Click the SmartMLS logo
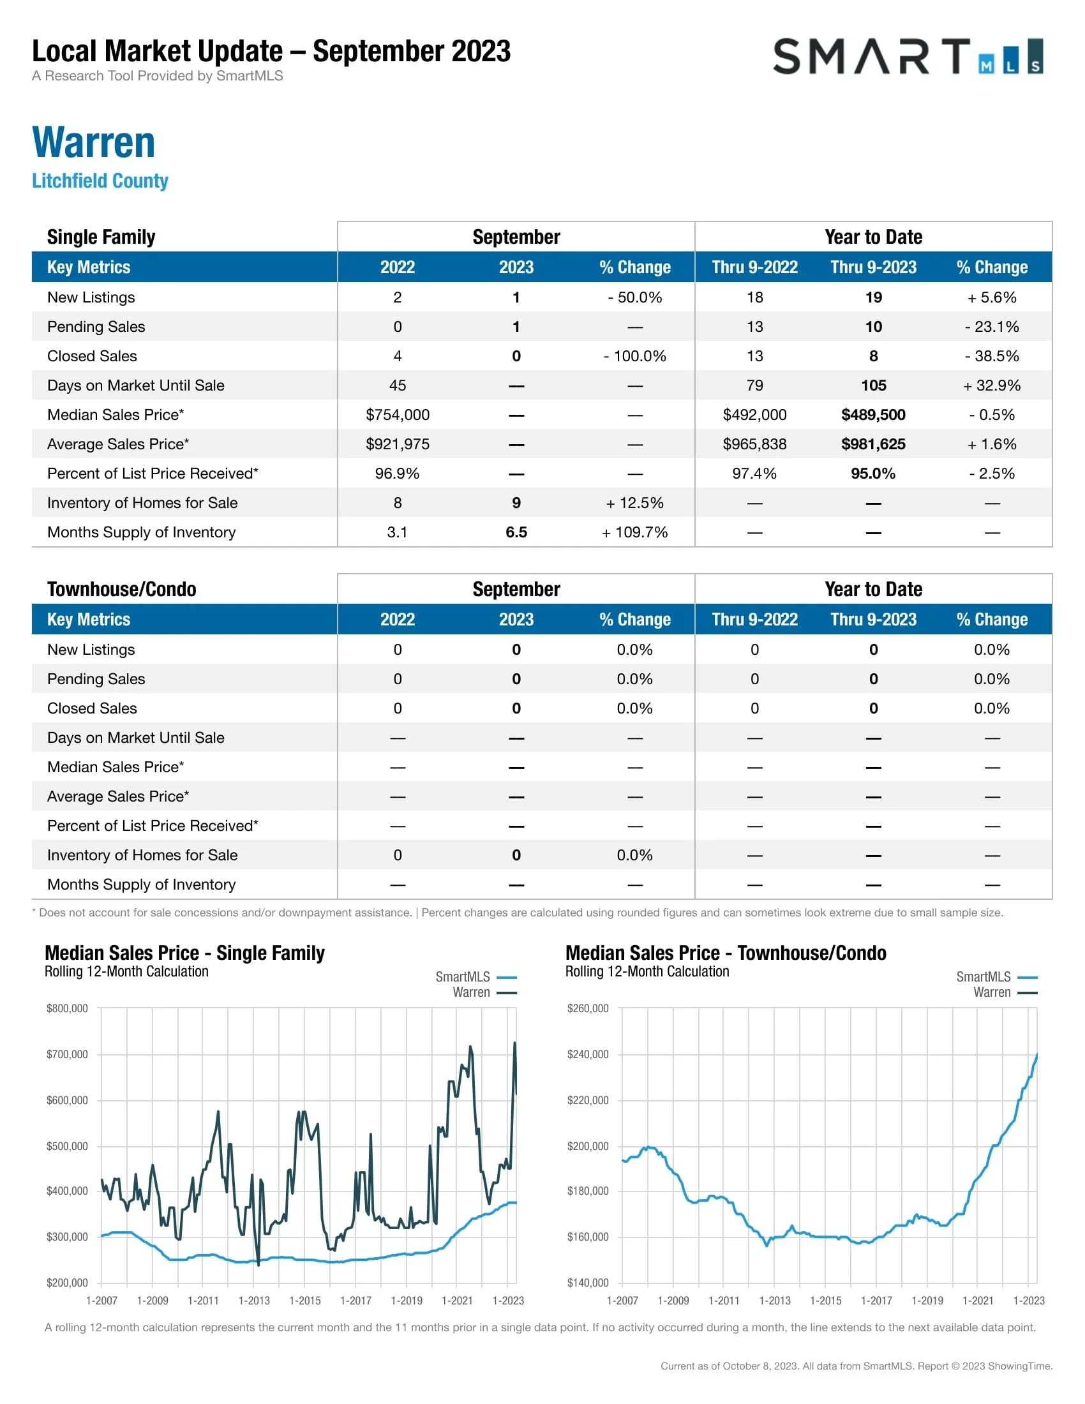(907, 57)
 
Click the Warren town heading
(94, 142)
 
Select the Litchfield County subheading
(100, 181)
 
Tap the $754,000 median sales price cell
(397, 415)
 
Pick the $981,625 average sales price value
(873, 444)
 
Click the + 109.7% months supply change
(634, 532)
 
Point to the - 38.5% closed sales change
(991, 356)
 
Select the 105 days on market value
(873, 385)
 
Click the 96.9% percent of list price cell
(397, 474)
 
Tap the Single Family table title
(101, 237)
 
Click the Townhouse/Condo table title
(121, 590)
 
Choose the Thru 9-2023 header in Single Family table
(873, 267)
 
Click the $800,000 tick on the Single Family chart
(67, 1008)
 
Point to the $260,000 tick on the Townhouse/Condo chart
(587, 1008)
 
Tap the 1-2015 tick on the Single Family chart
(304, 1301)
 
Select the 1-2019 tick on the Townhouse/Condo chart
(927, 1301)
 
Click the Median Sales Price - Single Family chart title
(184, 953)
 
